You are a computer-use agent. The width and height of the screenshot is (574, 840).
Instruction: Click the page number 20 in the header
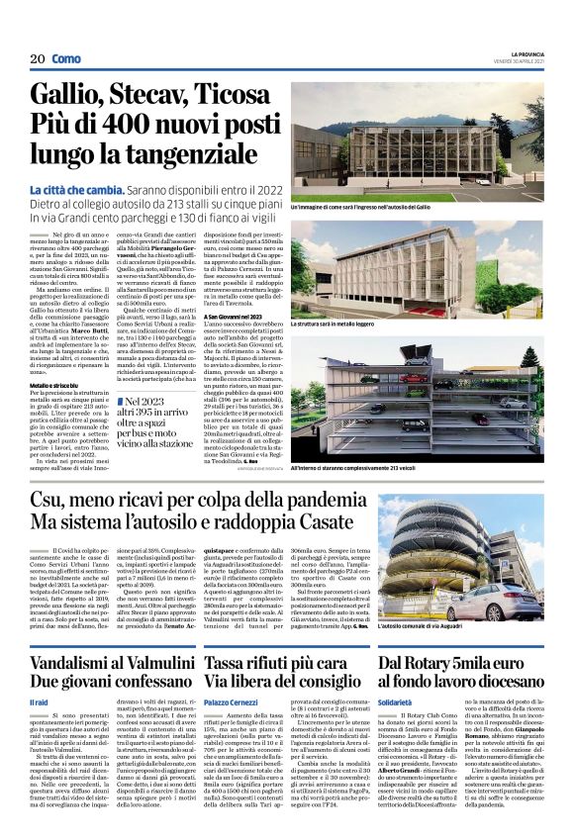38,59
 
